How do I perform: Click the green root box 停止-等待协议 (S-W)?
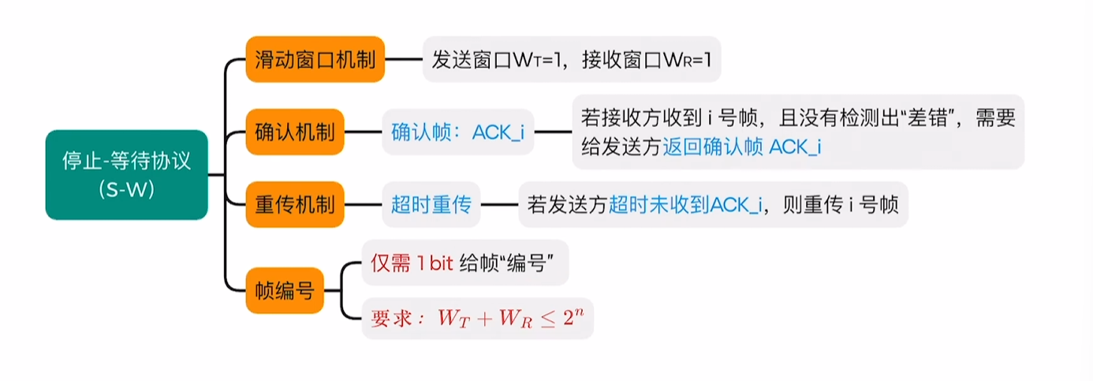click(x=126, y=174)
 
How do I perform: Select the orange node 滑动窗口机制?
click(x=315, y=59)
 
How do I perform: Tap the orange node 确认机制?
click(x=295, y=132)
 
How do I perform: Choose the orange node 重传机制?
click(x=295, y=204)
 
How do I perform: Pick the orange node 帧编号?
click(x=285, y=291)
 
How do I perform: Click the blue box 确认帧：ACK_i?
click(x=457, y=132)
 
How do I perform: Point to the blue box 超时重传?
click(x=431, y=204)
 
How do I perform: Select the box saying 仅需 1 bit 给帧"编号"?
click(x=464, y=263)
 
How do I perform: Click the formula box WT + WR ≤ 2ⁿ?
click(x=477, y=318)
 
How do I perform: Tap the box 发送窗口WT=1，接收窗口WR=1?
click(x=572, y=59)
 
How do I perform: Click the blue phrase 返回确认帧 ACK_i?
click(x=741, y=147)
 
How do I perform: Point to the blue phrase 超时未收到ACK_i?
click(x=685, y=205)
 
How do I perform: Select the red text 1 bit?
click(x=435, y=263)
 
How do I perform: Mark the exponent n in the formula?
click(x=579, y=312)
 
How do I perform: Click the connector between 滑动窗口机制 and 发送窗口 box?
click(x=404, y=59)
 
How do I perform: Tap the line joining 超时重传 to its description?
click(x=499, y=204)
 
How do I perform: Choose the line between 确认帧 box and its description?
click(x=553, y=132)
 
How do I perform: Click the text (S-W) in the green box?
click(x=126, y=189)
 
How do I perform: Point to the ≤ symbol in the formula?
click(x=547, y=319)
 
